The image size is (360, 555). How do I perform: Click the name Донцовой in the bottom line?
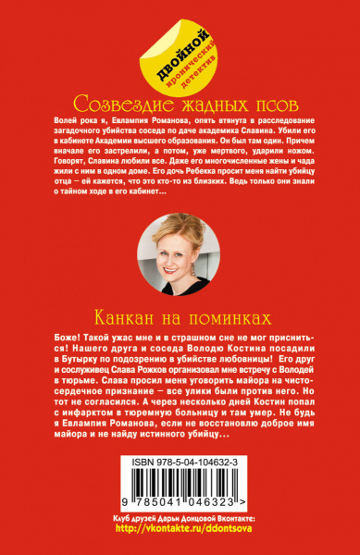(179, 531)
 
